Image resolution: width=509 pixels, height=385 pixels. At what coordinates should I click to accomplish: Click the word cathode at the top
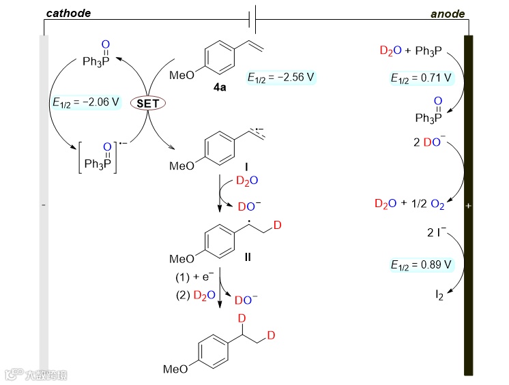(69, 13)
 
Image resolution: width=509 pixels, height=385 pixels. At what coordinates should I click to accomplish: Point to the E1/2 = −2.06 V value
(86, 103)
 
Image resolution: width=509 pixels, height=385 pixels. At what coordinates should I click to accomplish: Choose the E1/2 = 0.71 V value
(421, 78)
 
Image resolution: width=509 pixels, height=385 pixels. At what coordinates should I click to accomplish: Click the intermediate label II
(248, 257)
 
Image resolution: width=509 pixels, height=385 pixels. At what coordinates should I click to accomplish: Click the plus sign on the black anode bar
(468, 206)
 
